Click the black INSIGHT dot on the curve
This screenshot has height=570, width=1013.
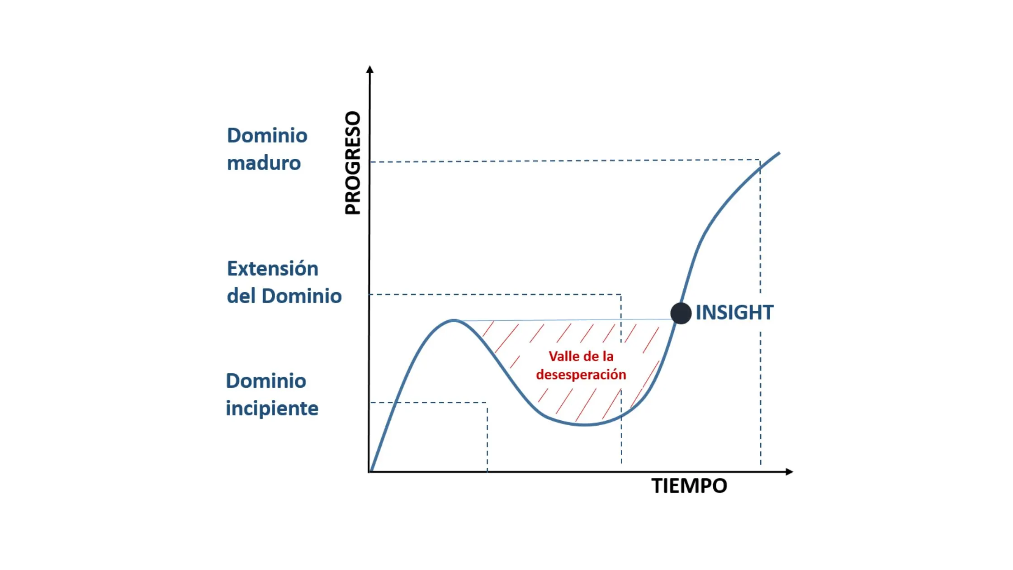[681, 313]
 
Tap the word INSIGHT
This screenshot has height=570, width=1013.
[734, 313]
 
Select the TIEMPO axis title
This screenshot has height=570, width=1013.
[689, 486]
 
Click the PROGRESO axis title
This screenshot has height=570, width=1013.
[353, 163]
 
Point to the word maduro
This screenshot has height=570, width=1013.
[264, 163]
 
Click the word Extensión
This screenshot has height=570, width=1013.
[273, 268]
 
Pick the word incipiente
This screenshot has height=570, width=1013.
[272, 408]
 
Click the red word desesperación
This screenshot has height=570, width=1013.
[581, 375]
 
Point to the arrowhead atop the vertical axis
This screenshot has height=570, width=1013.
[370, 69]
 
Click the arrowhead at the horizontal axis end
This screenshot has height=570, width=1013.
[790, 472]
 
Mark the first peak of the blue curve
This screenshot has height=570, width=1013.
[454, 320]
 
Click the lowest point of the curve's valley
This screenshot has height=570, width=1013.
[584, 425]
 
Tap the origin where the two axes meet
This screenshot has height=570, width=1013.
[369, 472]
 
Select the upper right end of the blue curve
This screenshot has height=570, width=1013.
[779, 153]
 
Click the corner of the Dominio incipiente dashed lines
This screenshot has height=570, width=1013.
[487, 402]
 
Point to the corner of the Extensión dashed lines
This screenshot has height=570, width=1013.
[621, 294]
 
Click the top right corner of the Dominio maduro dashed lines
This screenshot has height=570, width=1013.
[760, 160]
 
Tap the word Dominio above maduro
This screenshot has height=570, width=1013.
[267, 136]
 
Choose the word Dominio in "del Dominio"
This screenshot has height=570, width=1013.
[302, 296]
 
